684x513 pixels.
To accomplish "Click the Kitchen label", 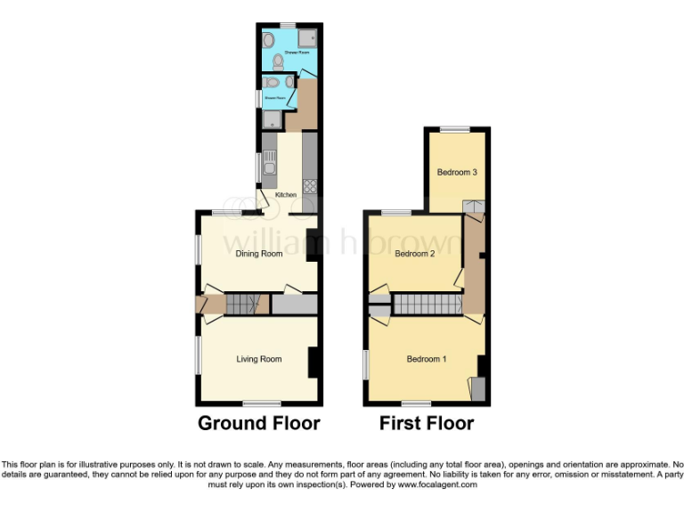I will tap(285, 195).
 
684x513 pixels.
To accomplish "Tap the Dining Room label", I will tap(259, 254).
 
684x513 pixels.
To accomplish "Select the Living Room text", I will tap(259, 359).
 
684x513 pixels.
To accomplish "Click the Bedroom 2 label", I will tap(414, 254).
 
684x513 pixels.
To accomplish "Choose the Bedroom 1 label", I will tap(427, 359).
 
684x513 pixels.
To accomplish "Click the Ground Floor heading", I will tap(258, 423).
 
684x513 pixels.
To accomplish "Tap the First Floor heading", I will tap(427, 423).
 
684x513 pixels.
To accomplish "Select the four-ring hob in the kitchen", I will tap(310, 186).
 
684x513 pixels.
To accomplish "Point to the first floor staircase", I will tap(426, 305).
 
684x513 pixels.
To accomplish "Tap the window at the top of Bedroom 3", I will tap(455, 130).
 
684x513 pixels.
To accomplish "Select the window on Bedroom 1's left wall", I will tap(366, 361).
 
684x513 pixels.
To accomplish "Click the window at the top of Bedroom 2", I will tap(396, 212).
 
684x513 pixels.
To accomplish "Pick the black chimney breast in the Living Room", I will tap(313, 362).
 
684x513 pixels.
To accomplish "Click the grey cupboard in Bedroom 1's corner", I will tap(479, 388).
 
